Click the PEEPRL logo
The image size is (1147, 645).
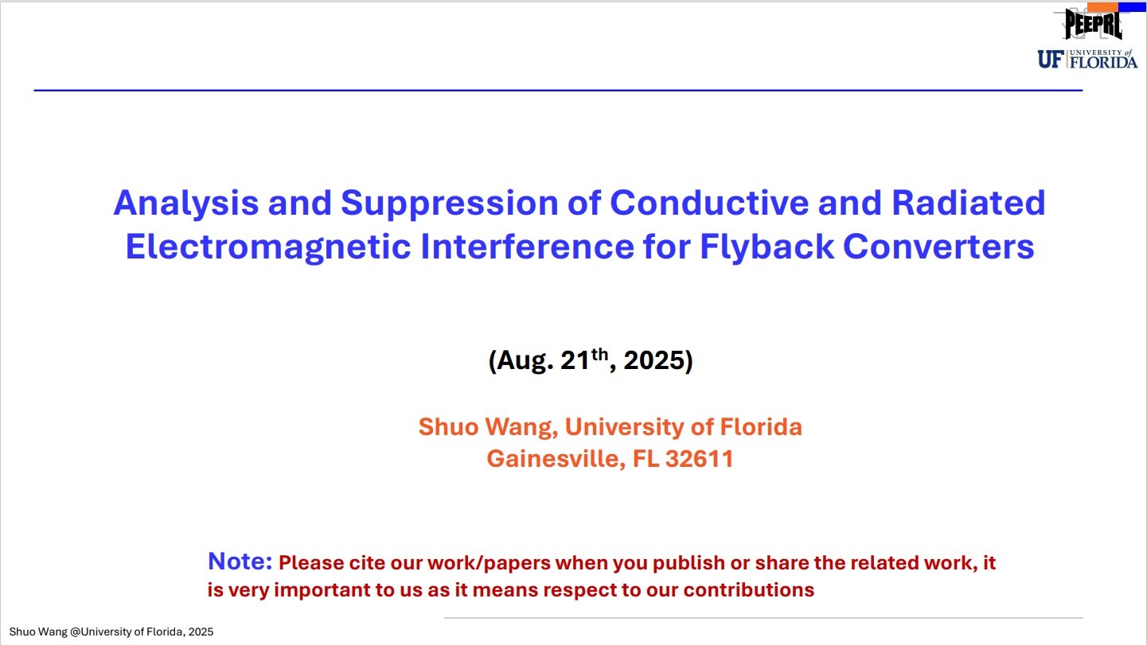[x=1093, y=24]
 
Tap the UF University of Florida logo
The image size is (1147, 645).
[x=1087, y=60]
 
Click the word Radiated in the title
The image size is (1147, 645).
[x=968, y=203]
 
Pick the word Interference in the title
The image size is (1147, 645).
[x=528, y=247]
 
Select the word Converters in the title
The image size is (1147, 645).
[x=938, y=247]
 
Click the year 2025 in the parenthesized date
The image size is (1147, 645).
[x=653, y=359]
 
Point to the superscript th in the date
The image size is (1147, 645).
[x=599, y=354]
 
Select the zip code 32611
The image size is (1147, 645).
[x=700, y=459]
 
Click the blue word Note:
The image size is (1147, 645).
[x=240, y=561]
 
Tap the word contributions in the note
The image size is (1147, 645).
[x=749, y=590]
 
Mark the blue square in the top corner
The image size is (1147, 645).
[x=1133, y=6]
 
